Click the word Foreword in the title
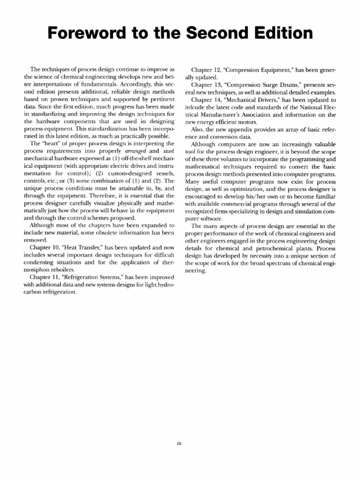click(94, 33)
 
